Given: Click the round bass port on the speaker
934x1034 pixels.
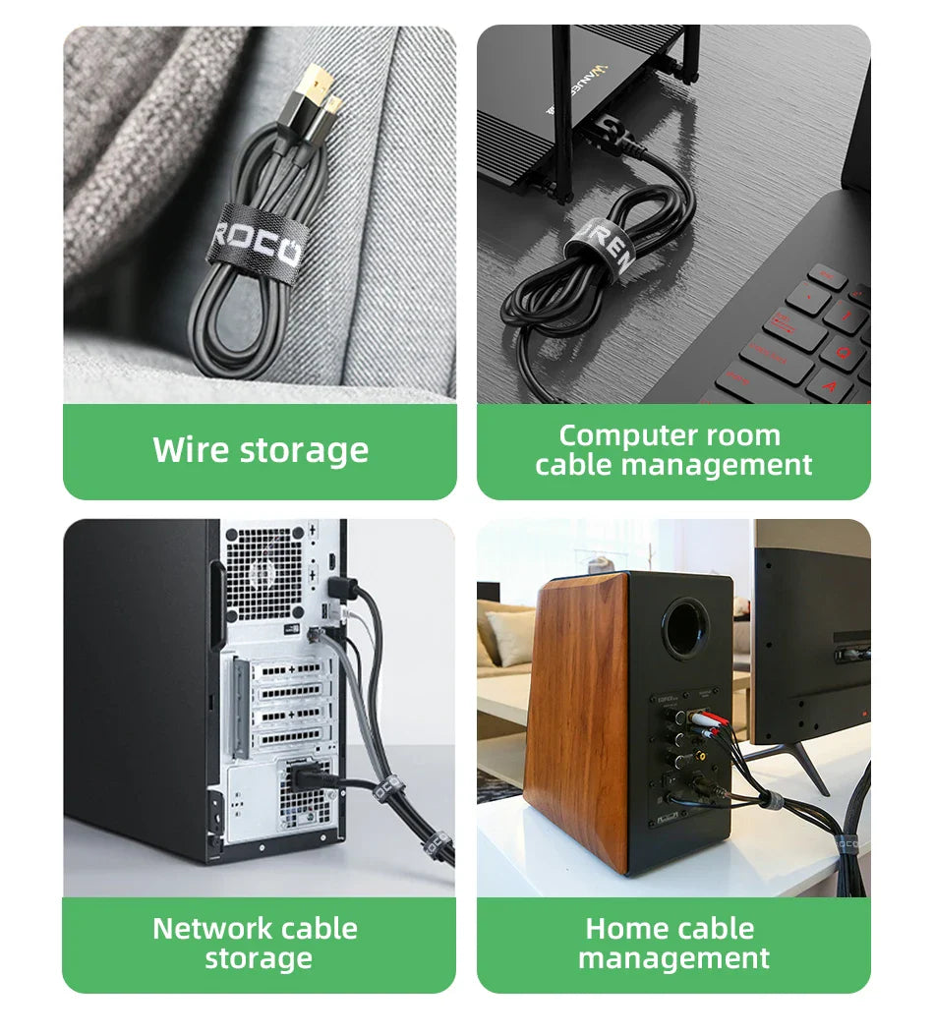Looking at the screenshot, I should click(x=685, y=628).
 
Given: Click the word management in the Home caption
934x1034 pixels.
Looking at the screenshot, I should click(x=673, y=958).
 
